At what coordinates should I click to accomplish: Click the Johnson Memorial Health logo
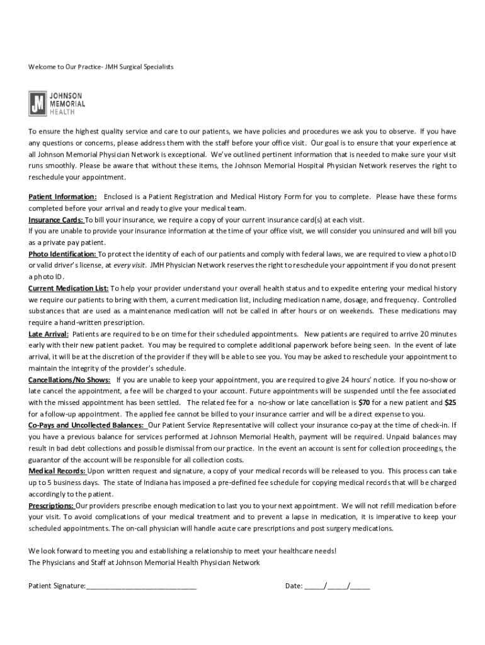[57, 103]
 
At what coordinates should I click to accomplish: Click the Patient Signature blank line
[141, 586]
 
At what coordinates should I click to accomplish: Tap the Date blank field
[337, 586]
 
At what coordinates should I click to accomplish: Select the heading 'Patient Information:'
[63, 197]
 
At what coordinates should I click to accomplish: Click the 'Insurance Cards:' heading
[56, 220]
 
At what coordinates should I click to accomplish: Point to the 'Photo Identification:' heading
[63, 254]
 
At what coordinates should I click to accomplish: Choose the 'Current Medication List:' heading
[69, 288]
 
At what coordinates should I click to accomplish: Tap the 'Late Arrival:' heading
[48, 334]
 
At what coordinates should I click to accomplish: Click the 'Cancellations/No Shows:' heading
[69, 380]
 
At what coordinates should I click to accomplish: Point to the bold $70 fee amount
[364, 402]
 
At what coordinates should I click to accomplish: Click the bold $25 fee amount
[450, 402]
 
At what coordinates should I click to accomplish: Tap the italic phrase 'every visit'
[130, 266]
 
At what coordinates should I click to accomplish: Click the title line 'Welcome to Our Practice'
[101, 66]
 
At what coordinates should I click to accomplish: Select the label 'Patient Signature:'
[57, 586]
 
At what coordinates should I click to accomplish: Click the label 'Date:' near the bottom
[294, 586]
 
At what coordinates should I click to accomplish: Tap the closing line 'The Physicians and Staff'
[144, 562]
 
